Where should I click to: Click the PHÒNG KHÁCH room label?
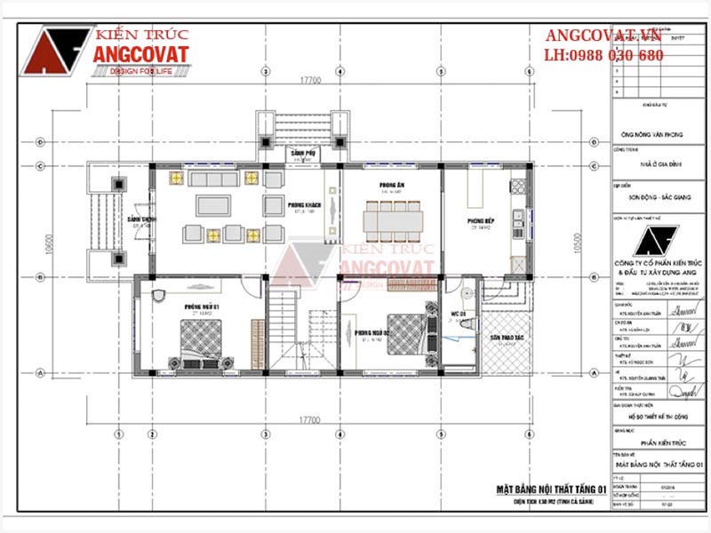[x=303, y=205]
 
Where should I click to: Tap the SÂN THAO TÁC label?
[x=507, y=338]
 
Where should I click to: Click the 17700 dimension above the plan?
[x=310, y=79]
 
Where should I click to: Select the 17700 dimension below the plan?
[x=310, y=418]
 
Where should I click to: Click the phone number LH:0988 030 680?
[x=603, y=55]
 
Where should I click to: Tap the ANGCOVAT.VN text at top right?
[x=603, y=36]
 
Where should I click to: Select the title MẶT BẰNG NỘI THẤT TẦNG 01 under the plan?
[x=551, y=489]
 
